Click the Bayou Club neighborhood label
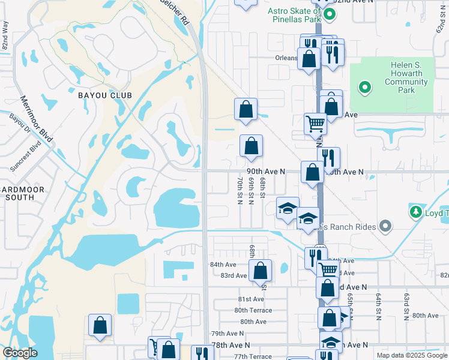click(x=104, y=95)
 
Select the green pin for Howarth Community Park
click(x=364, y=89)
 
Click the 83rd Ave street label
click(x=234, y=275)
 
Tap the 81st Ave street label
click(x=251, y=299)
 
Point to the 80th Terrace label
click(x=253, y=310)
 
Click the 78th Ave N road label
click(x=231, y=345)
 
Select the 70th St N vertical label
click(x=240, y=190)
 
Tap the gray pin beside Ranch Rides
click(x=385, y=226)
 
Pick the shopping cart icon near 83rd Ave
click(x=327, y=269)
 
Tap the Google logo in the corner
click(x=19, y=353)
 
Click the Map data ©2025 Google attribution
click(x=411, y=355)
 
